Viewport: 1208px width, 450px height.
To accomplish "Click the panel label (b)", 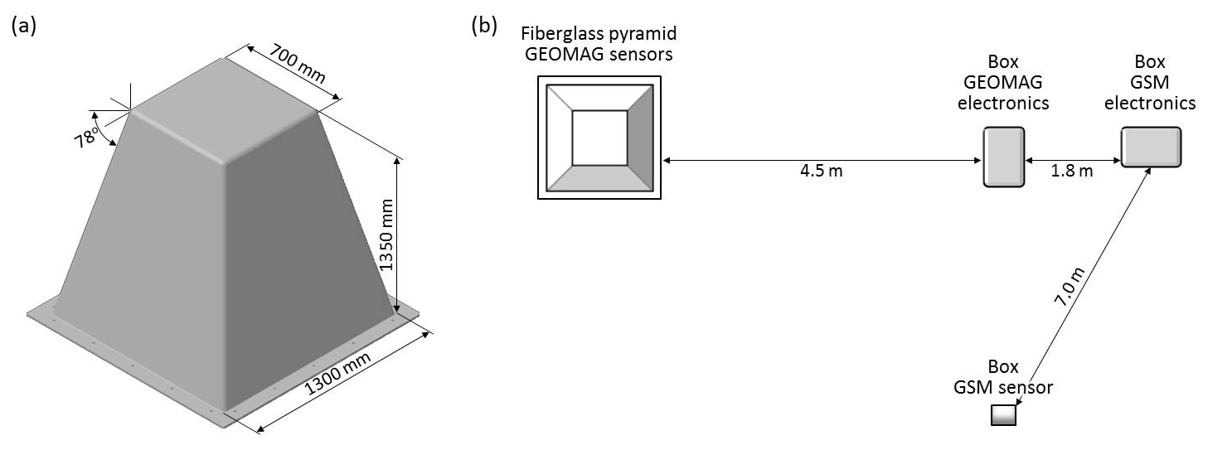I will coord(483,26).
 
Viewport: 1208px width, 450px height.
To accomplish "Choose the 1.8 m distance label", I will coord(1073,172).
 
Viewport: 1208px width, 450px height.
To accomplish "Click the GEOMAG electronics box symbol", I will coord(1003,157).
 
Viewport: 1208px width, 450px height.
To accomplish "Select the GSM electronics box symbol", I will coord(1151,148).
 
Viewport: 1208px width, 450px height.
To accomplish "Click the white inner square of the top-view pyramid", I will coord(599,138).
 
